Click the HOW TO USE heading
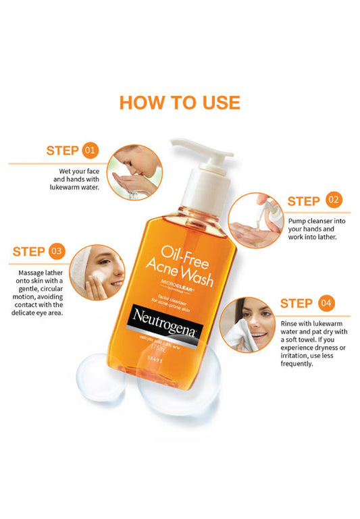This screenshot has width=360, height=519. pyautogui.click(x=180, y=103)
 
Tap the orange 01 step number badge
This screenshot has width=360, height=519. pyautogui.click(x=91, y=150)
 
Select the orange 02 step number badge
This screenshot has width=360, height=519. pyautogui.click(x=334, y=200)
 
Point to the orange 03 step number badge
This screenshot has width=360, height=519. pyautogui.click(x=57, y=252)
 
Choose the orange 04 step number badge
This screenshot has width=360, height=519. pyautogui.click(x=326, y=303)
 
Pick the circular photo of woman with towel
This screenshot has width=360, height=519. pyautogui.click(x=246, y=324)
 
